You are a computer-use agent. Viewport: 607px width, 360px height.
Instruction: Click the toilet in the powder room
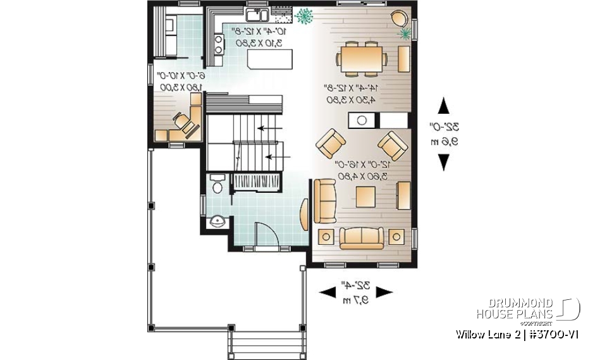(216, 183)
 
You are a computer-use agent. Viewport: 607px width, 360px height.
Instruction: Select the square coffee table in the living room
(367, 198)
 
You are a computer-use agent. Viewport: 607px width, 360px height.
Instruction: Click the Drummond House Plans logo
(527, 308)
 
